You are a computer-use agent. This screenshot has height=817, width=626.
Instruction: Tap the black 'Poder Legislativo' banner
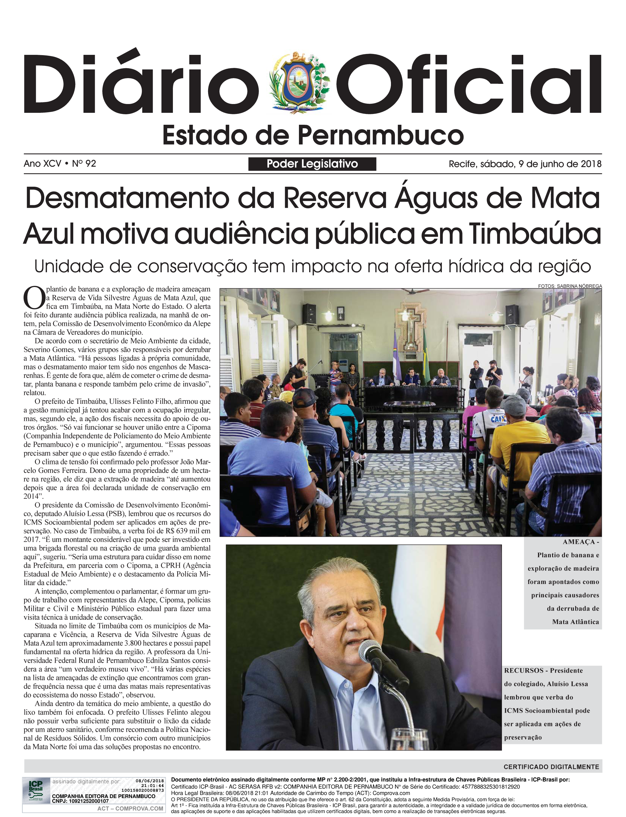312,164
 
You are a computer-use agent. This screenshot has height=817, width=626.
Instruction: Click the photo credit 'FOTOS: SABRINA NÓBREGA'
570,286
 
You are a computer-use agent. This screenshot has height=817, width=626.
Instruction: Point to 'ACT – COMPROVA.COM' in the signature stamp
130,808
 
